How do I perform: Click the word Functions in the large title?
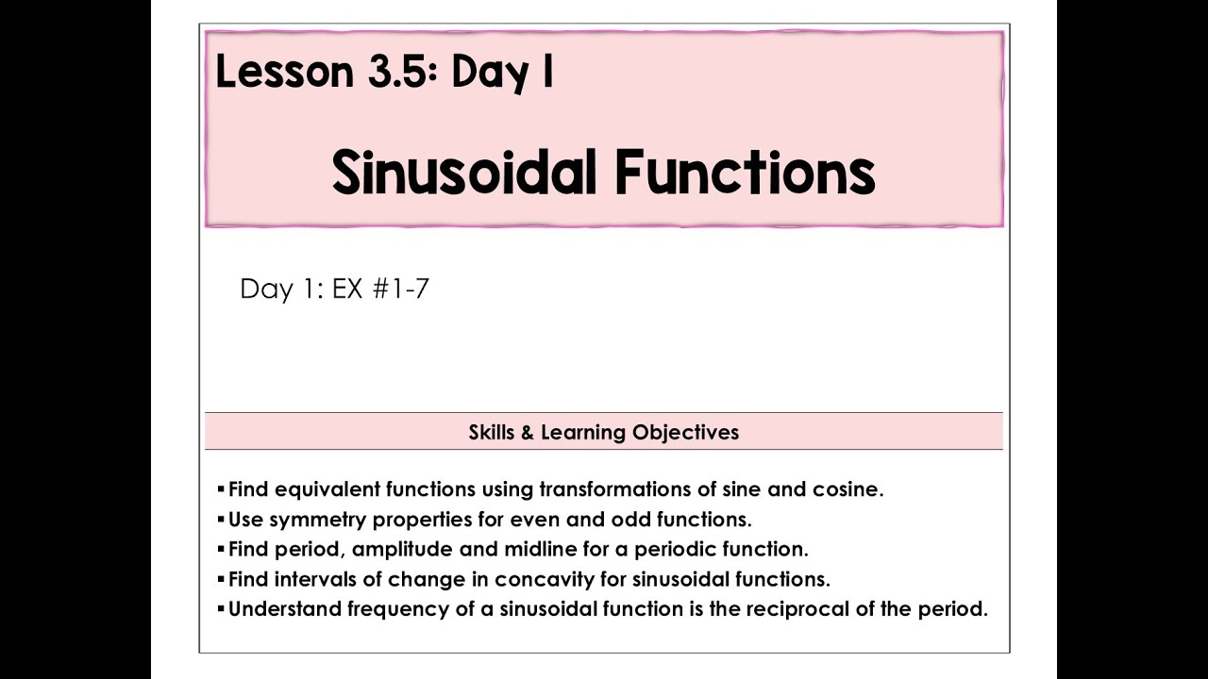(745, 174)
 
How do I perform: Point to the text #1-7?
(400, 289)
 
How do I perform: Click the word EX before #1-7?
(347, 289)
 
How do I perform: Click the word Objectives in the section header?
(685, 433)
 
